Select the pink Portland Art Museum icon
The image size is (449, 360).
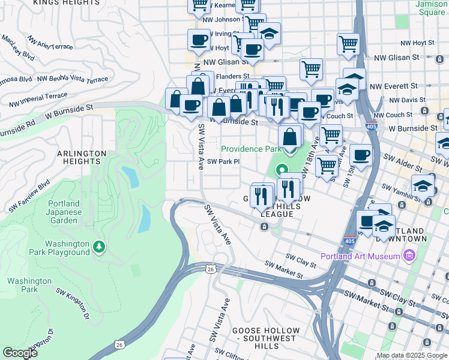(x=409, y=257)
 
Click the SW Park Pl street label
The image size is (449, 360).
(x=223, y=161)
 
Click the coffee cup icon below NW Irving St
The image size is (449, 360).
(x=199, y=41)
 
